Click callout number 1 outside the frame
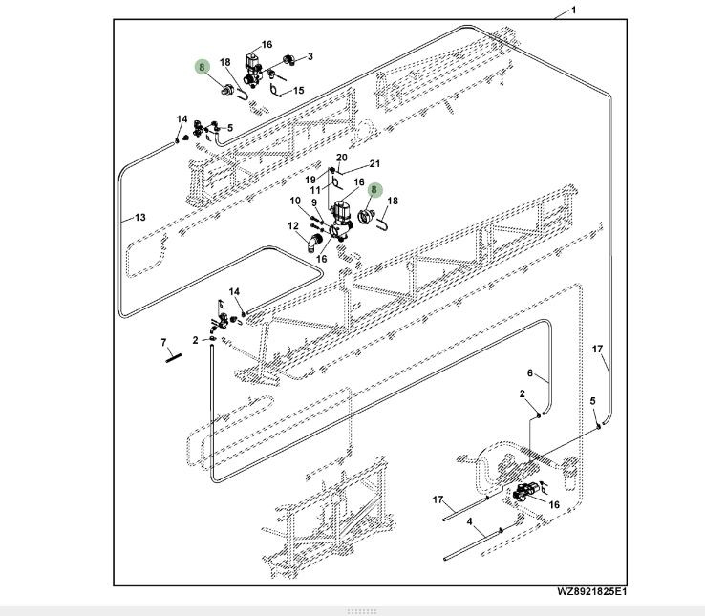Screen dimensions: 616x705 click(x=573, y=11)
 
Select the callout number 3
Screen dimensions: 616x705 click(x=310, y=58)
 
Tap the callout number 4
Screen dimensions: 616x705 click(x=470, y=521)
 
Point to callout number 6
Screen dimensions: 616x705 click(x=530, y=372)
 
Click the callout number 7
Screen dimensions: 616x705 click(x=163, y=342)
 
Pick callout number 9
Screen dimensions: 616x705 click(x=314, y=202)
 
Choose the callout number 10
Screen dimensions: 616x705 click(x=295, y=202)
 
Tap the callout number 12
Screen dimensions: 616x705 click(x=293, y=225)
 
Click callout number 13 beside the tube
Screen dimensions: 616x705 click(x=139, y=218)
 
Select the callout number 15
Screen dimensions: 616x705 click(x=298, y=91)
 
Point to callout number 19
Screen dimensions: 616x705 click(x=310, y=180)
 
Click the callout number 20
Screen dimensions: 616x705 click(x=342, y=158)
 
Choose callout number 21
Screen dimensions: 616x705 click(x=374, y=163)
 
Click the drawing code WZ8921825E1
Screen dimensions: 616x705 click(x=592, y=592)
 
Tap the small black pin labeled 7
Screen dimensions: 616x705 click(x=172, y=357)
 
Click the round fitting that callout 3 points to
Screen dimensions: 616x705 click(x=285, y=62)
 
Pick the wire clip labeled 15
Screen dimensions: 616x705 click(x=276, y=92)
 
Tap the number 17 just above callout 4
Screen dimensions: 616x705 click(x=438, y=500)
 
